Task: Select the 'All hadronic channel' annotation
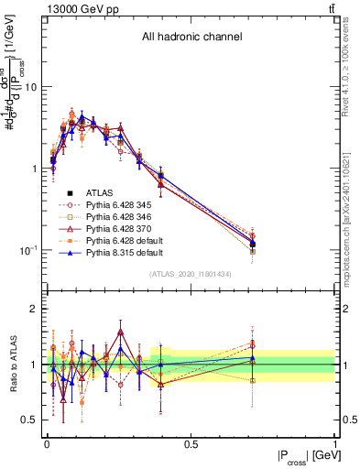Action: [191, 38]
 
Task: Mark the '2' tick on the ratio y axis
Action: [34, 310]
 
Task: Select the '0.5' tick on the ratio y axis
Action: [30, 420]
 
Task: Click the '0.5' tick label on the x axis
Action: [191, 444]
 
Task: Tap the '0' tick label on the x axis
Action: [46, 444]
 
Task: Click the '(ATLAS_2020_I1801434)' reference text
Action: [191, 275]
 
